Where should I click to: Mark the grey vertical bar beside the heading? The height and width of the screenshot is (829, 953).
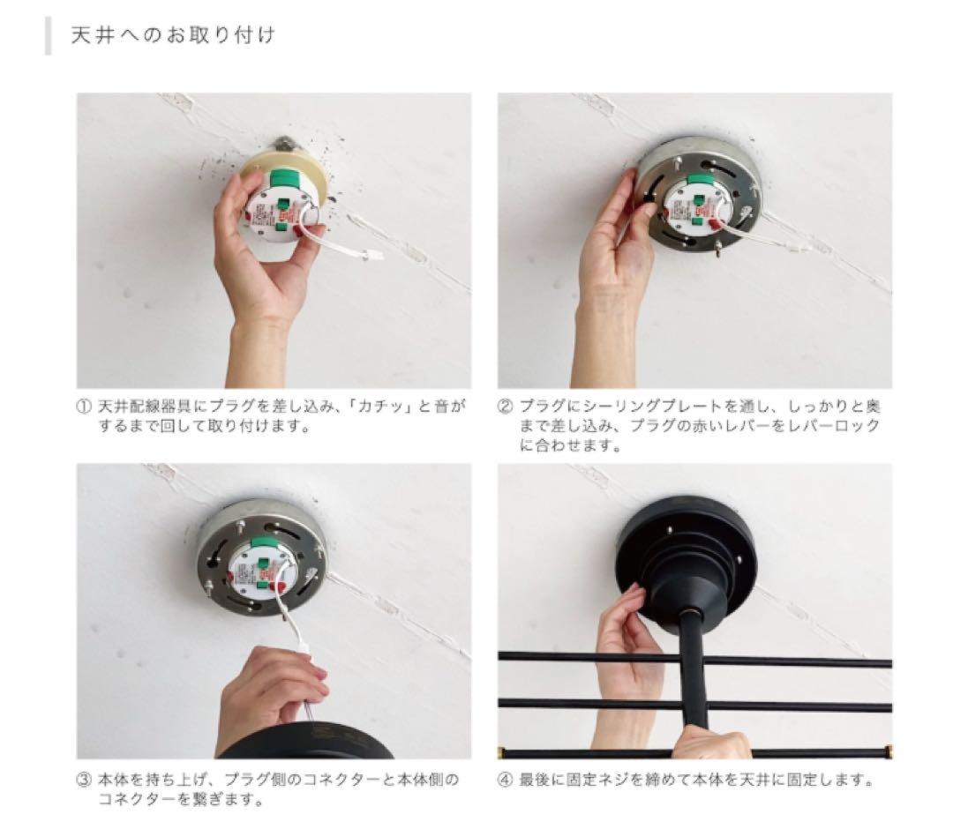pos(48,36)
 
